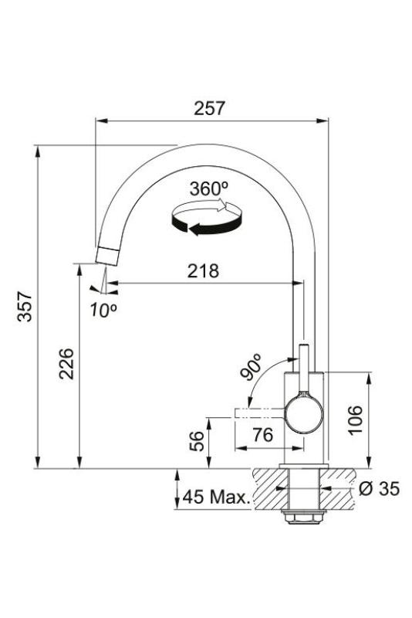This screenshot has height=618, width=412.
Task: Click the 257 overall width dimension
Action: (x=211, y=108)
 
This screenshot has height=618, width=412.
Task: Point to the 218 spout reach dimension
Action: (x=203, y=271)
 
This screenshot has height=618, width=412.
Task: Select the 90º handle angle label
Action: (x=251, y=367)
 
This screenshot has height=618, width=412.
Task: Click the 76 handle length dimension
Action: (x=262, y=435)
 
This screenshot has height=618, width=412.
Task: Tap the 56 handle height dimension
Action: (x=198, y=441)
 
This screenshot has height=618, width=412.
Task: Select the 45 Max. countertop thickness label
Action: (x=218, y=497)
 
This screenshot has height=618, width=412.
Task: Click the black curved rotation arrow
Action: (x=197, y=226)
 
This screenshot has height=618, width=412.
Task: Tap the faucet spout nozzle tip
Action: (x=105, y=256)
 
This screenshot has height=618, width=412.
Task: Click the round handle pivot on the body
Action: (x=302, y=414)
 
